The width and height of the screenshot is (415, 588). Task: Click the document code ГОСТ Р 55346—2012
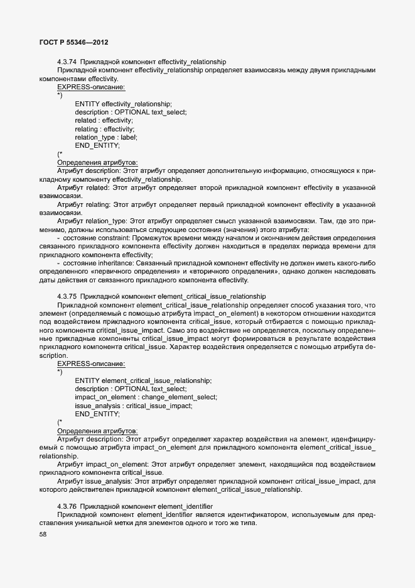pyautogui.click(x=73, y=42)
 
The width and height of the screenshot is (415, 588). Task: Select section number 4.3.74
pyautogui.click(x=67, y=62)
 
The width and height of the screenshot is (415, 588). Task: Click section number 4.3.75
pyautogui.click(x=67, y=296)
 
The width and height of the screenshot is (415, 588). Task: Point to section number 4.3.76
pyautogui.click(x=67, y=506)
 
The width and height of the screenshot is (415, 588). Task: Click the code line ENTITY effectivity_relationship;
pyautogui.click(x=123, y=104)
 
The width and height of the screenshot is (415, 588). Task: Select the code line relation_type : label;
pyautogui.click(x=105, y=137)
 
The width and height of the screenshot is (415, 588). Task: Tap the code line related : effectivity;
pyautogui.click(x=104, y=120)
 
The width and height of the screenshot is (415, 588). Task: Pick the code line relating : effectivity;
pyautogui.click(x=104, y=129)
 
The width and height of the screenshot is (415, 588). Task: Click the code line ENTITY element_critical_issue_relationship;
pyautogui.click(x=143, y=380)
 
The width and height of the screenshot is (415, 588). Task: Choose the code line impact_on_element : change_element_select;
pyautogui.click(x=146, y=397)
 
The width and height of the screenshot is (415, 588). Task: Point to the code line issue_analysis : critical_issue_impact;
pyautogui.click(x=134, y=406)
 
